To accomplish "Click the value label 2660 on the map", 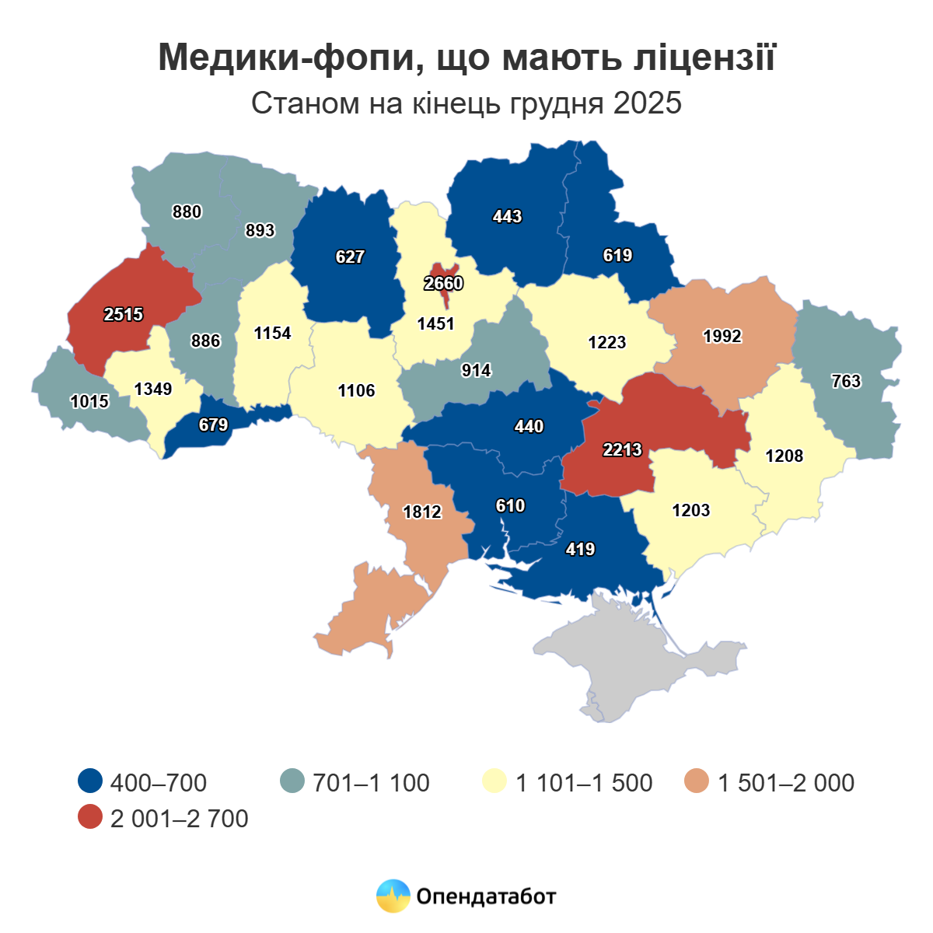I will tap(444, 284).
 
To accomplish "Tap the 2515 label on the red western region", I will tap(124, 314).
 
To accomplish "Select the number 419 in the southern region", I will tap(580, 550).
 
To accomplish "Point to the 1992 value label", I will tap(722, 336).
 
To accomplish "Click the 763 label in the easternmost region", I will tap(846, 381).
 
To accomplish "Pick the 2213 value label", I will tap(622, 449).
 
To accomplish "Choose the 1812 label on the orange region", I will tap(422, 512).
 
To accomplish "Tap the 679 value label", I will tap(213, 425).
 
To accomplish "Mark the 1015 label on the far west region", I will tap(89, 402).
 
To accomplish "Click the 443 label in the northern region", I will tap(507, 217).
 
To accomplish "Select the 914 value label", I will tap(476, 371).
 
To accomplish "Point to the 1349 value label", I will tap(152, 389).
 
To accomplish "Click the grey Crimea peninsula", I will tap(638, 661).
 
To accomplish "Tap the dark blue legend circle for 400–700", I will tap(91, 782).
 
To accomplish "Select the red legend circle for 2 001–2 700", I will tap(91, 818).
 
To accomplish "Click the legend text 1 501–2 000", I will tap(786, 783).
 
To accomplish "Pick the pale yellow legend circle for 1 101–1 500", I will tap(494, 782).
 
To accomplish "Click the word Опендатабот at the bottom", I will tap(487, 896).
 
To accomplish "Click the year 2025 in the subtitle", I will tap(647, 103).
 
